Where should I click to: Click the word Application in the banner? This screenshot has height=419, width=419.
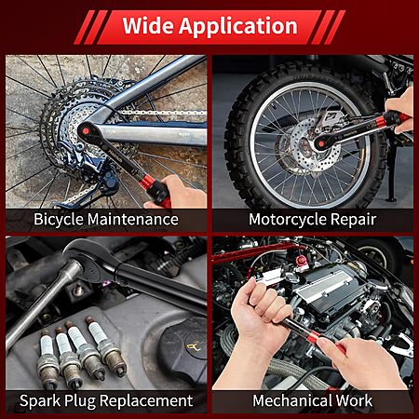(x=238, y=27)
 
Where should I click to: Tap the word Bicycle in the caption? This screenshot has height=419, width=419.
(x=59, y=220)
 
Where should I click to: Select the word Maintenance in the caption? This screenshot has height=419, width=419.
(x=133, y=219)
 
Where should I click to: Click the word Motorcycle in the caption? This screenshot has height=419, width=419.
(x=288, y=220)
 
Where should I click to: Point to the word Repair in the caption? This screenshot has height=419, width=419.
(x=353, y=220)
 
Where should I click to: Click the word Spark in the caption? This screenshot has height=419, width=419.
(x=40, y=400)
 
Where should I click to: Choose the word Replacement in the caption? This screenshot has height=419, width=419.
(x=146, y=400)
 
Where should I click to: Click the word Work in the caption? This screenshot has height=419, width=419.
(x=354, y=400)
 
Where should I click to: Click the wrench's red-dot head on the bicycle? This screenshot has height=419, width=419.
(x=86, y=131)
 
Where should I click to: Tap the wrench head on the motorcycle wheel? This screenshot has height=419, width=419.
(x=321, y=143)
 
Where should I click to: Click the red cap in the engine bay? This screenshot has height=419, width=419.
(x=301, y=262)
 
